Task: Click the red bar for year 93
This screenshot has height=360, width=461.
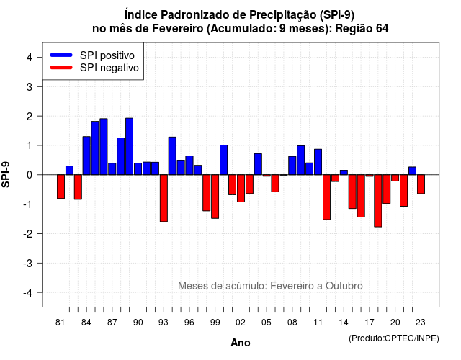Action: click(164, 198)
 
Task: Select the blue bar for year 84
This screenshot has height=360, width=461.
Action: click(86, 156)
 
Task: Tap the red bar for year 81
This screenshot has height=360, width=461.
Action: click(61, 186)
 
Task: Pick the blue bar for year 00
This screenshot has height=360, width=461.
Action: click(224, 160)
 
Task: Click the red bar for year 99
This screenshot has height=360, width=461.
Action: click(215, 197)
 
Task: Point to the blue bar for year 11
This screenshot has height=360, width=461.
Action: click(318, 162)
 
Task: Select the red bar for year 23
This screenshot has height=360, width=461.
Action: click(421, 184)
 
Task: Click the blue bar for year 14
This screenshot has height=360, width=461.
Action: click(344, 173)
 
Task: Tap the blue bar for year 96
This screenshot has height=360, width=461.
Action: click(189, 166)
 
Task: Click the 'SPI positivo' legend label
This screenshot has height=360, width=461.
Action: click(107, 55)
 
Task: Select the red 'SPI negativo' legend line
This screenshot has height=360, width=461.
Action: click(61, 67)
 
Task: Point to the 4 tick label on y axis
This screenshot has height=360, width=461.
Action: click(30, 57)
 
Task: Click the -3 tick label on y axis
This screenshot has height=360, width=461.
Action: click(28, 263)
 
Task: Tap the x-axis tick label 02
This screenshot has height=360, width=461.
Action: click(241, 323)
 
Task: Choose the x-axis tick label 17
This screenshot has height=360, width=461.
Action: click(370, 323)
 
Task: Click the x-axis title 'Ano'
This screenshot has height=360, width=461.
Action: click(241, 343)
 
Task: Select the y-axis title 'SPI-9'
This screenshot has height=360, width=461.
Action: click(6, 174)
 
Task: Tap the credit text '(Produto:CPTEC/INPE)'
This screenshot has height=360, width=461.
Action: click(394, 338)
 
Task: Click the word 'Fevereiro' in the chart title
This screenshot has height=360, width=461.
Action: click(170, 29)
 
